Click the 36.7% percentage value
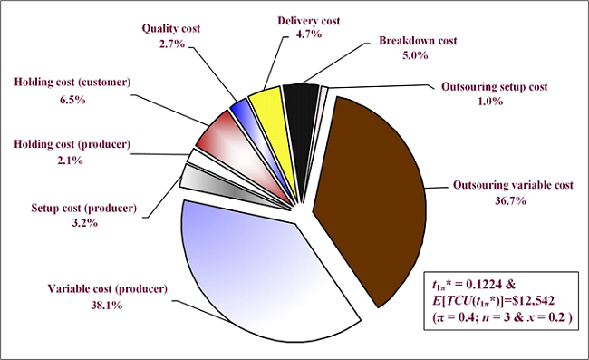point(512,200)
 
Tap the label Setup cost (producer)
point(82,209)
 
